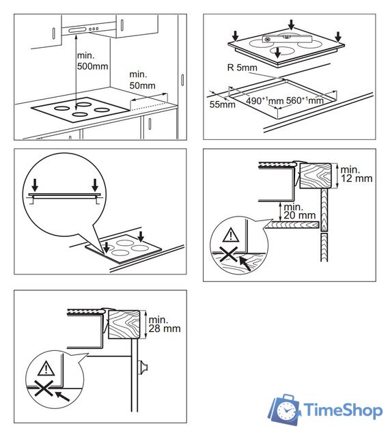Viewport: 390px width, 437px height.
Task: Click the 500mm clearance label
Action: click(93, 61)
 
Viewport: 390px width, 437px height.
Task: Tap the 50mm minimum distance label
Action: click(143, 80)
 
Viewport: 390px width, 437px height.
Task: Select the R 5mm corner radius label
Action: click(242, 68)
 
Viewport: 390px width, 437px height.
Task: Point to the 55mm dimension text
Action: click(222, 104)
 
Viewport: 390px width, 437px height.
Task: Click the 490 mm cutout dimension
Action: click(265, 100)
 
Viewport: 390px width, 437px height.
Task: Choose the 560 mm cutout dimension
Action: click(305, 100)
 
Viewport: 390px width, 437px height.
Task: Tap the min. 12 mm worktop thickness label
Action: click(357, 174)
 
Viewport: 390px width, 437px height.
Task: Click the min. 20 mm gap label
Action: click(299, 211)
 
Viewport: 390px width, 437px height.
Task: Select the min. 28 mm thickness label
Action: click(165, 324)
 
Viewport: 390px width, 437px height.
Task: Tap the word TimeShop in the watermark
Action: click(344, 410)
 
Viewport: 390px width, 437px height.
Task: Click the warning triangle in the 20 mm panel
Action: click(231, 235)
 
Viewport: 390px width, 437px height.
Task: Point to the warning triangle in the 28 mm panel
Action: click(46, 368)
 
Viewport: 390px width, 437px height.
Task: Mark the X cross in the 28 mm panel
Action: click(44, 388)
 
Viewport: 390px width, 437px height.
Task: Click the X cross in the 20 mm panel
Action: click(228, 254)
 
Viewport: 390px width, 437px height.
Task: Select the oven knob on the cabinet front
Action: click(143, 367)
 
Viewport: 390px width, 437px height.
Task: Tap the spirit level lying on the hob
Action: click(287, 38)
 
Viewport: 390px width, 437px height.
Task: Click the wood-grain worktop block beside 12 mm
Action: click(316, 176)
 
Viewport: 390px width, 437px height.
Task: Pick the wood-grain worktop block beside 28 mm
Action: click(124, 324)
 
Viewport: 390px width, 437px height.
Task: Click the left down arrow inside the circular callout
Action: click(35, 185)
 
